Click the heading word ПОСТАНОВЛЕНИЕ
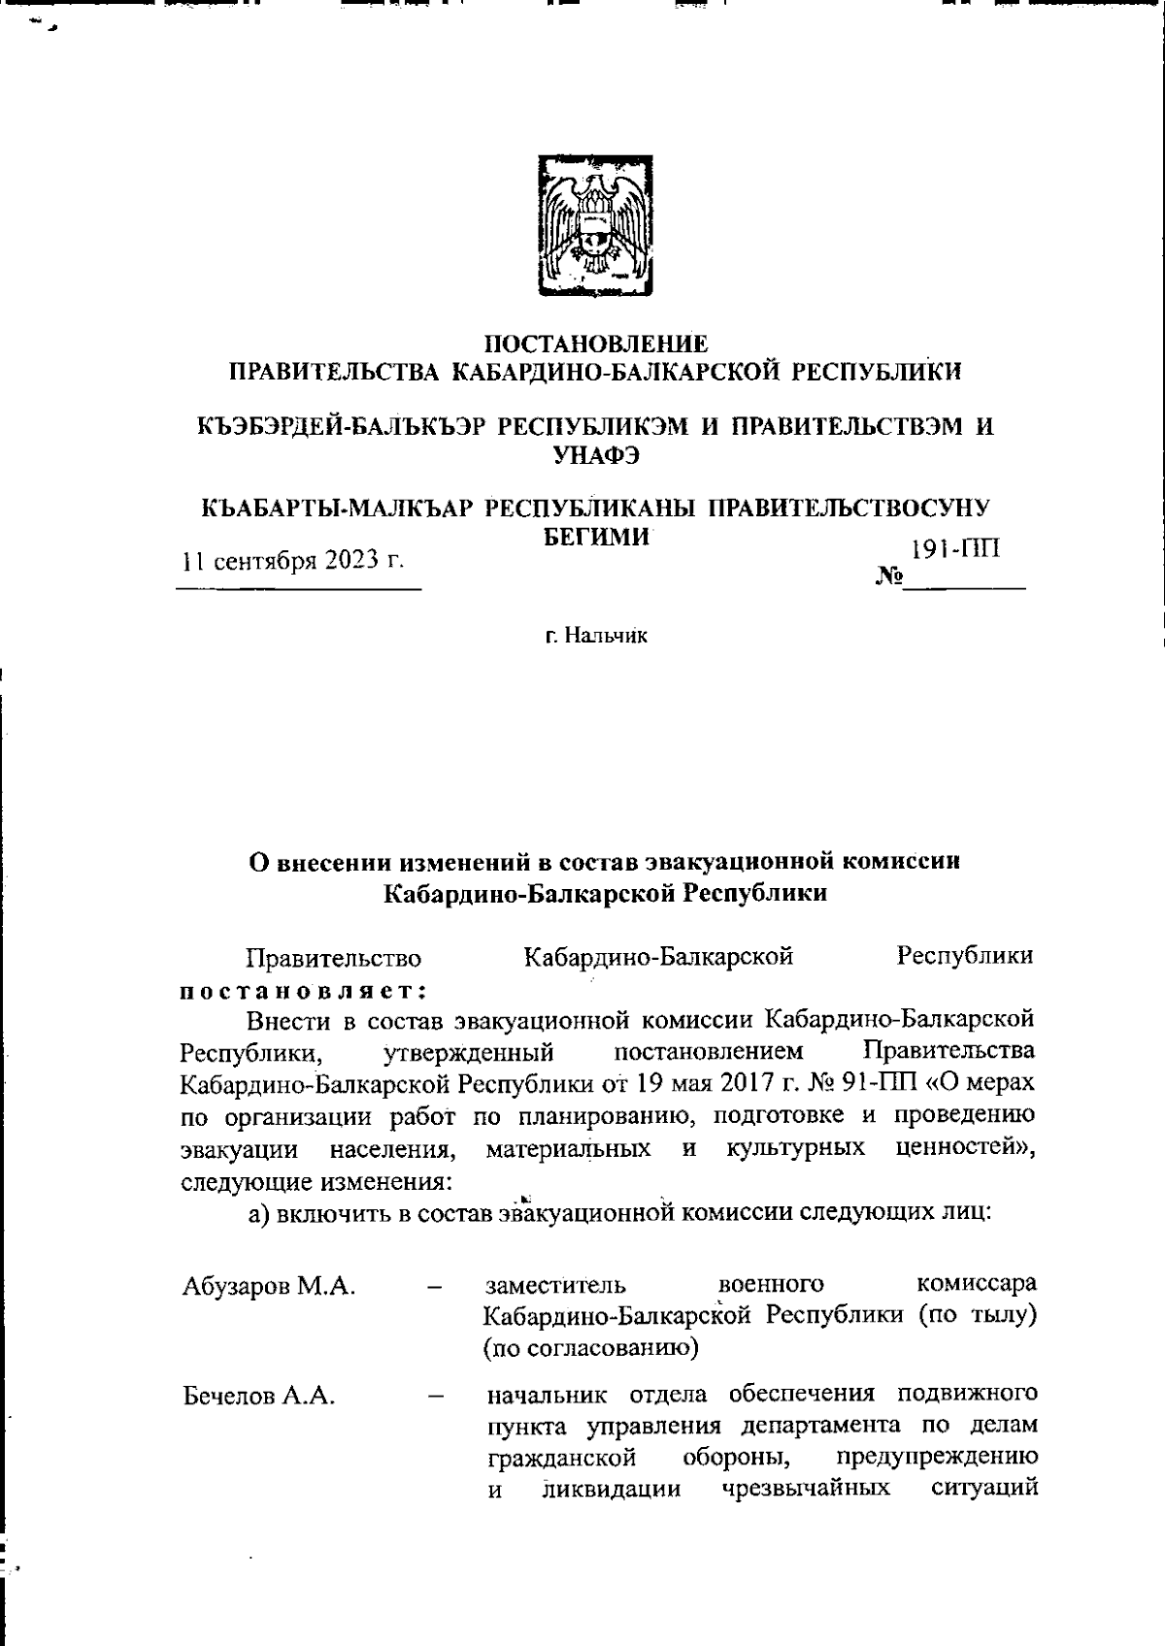click(x=595, y=344)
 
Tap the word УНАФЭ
click(x=595, y=453)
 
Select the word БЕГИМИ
click(x=594, y=538)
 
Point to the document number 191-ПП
click(x=955, y=549)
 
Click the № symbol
click(x=888, y=578)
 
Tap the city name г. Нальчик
click(x=595, y=637)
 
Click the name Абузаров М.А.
click(x=268, y=1287)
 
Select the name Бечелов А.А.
click(x=258, y=1397)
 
